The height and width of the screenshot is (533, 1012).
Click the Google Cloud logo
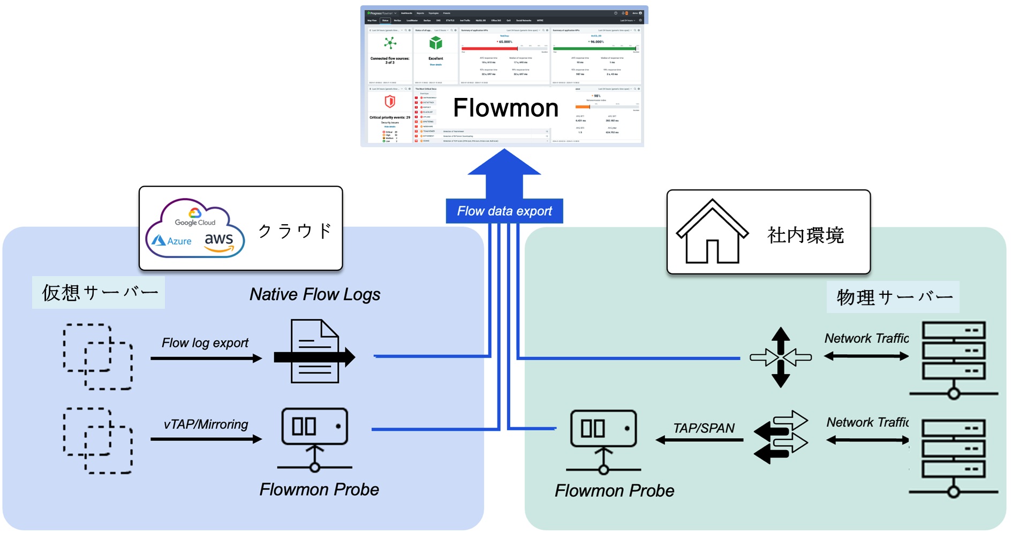pos(195,217)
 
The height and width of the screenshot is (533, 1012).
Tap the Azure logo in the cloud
pos(172,241)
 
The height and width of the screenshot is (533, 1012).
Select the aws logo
pos(219,241)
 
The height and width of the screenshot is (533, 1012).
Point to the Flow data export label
pos(504,211)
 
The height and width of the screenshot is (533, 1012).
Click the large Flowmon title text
pos(505,108)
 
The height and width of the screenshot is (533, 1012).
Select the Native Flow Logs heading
pos(315,294)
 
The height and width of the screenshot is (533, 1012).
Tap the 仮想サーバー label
pos(100,293)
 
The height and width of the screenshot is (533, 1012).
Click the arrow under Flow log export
pos(206,358)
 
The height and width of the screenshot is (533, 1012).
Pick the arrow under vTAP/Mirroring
pos(206,439)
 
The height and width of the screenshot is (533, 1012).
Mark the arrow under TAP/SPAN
pos(699,440)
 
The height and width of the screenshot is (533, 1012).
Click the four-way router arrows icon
pos(781,357)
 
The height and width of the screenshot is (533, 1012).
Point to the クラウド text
pos(295,231)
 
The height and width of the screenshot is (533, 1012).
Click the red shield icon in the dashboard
pos(390,101)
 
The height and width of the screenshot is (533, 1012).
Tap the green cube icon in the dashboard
pos(436,43)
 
